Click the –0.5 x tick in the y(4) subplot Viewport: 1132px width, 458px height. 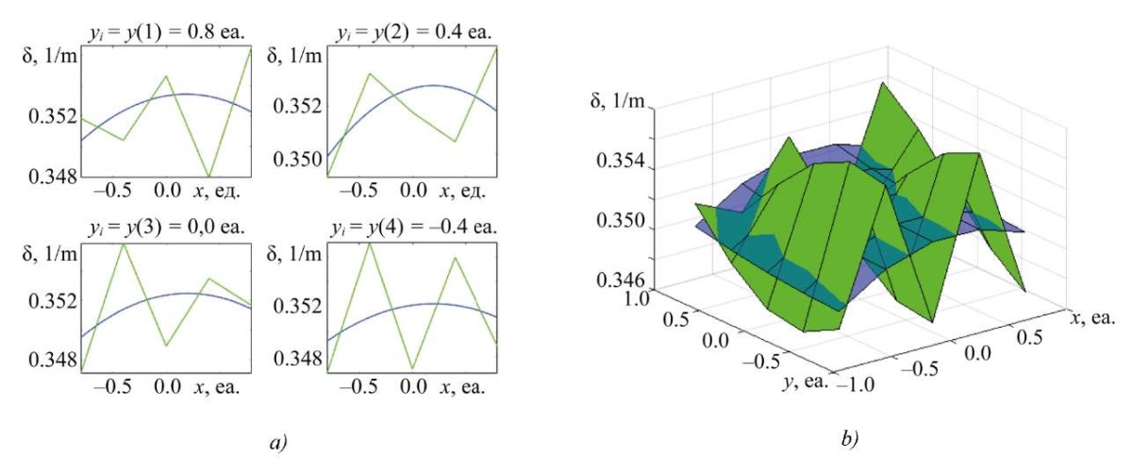(359, 387)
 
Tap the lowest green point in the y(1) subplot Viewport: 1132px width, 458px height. (208, 175)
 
